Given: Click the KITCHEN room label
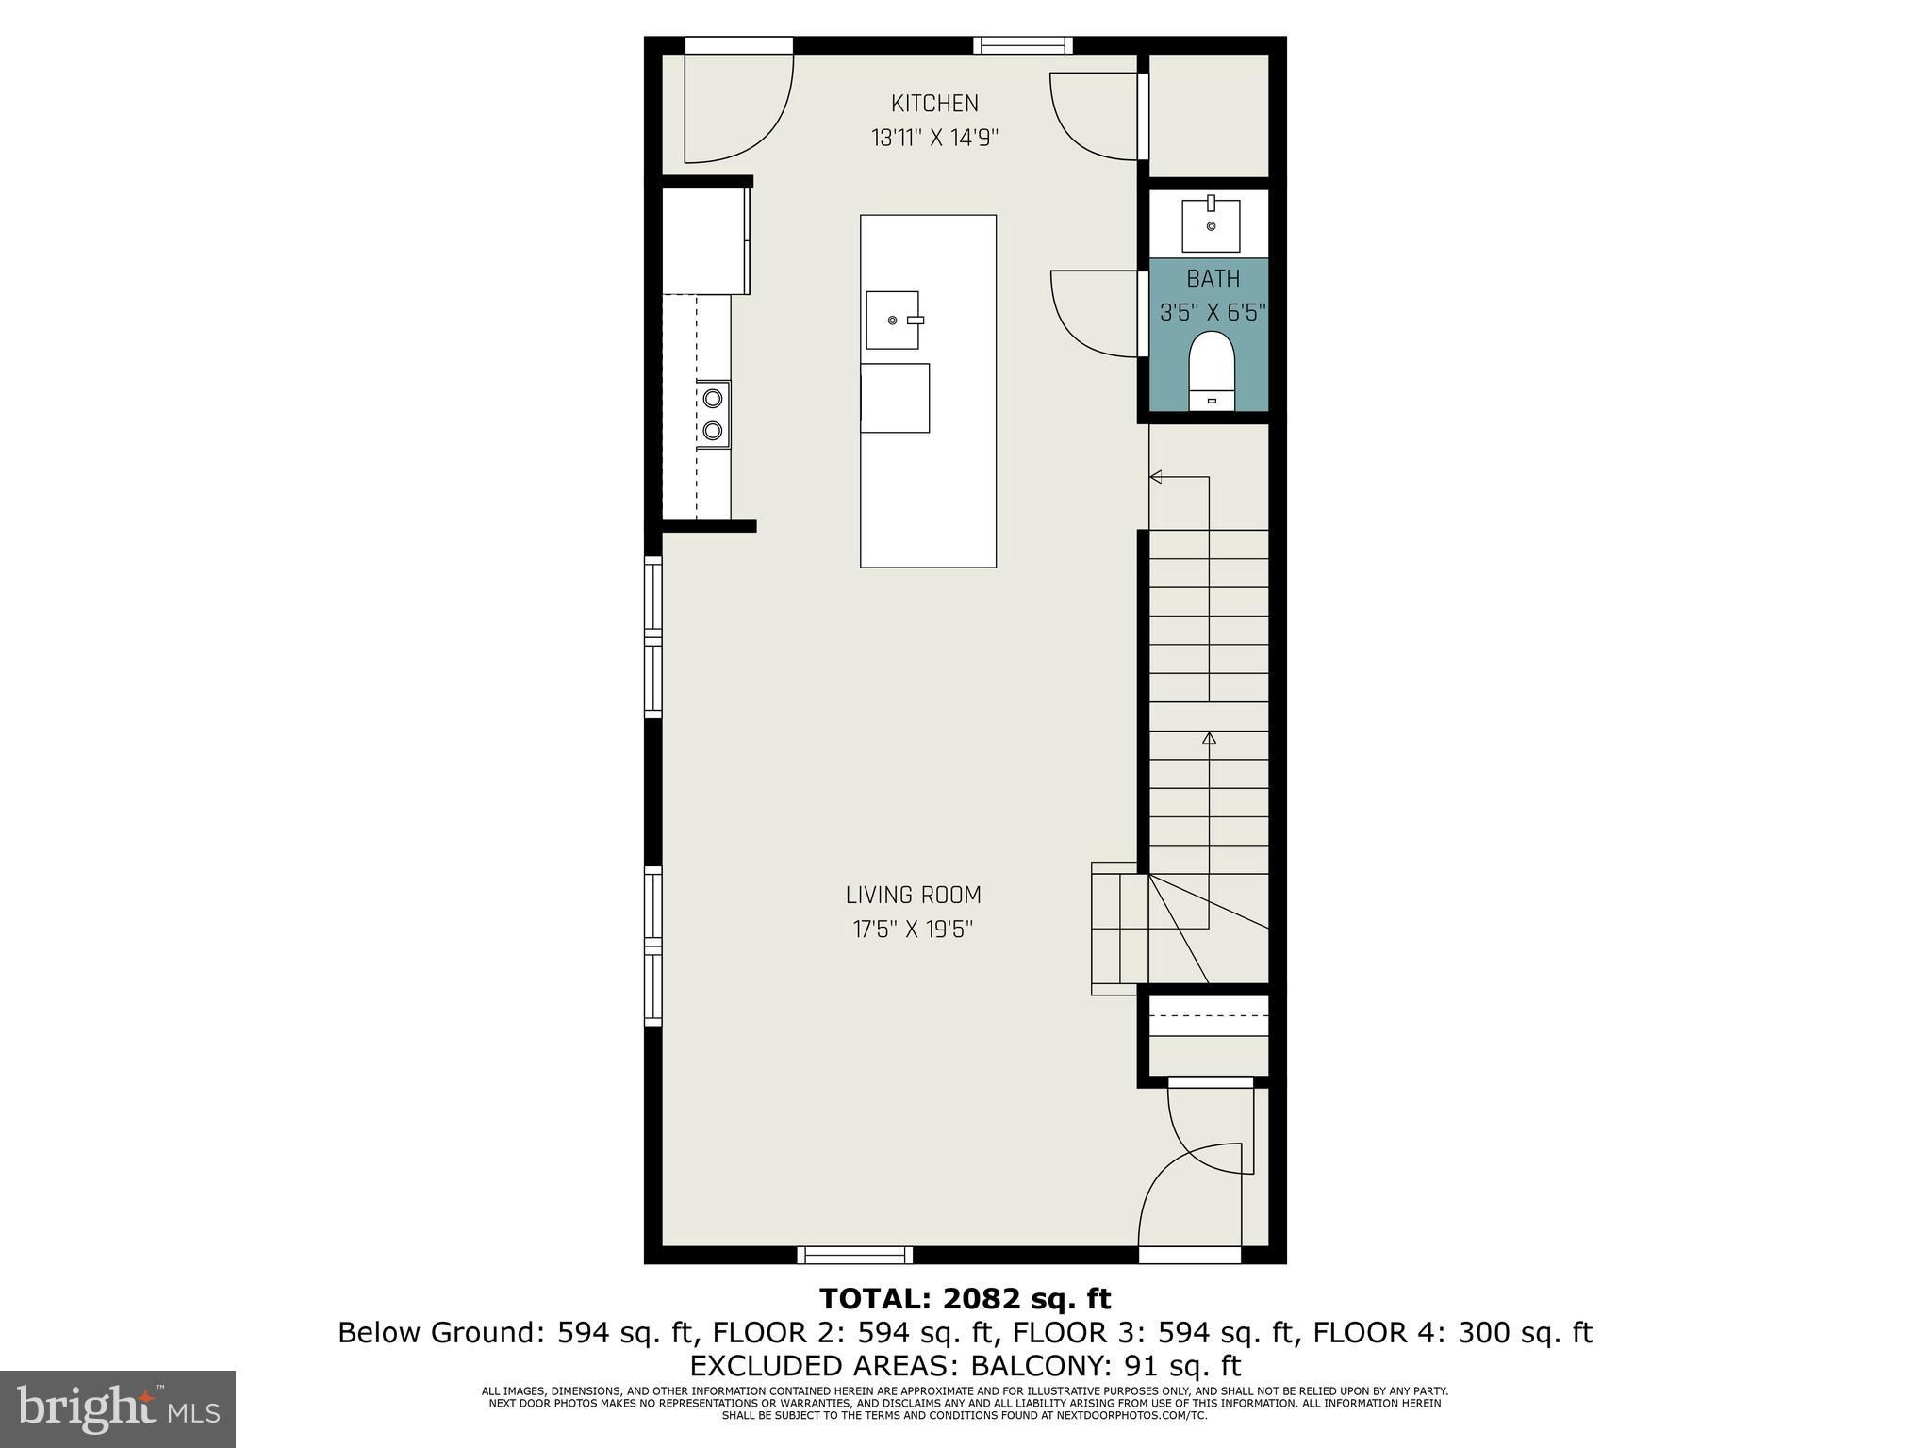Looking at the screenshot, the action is [x=934, y=103].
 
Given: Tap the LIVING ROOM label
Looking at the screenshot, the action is [x=913, y=895].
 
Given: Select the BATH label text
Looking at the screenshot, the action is [x=1213, y=279].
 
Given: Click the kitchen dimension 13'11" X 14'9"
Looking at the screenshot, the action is [x=934, y=138].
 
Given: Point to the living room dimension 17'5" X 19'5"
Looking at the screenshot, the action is [x=913, y=930].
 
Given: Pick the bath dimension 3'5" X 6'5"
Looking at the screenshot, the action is [x=1213, y=313].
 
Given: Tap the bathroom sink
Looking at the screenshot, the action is [x=1211, y=222].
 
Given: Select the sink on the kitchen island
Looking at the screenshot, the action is [x=892, y=321].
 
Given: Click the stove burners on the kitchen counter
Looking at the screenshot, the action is [x=714, y=413].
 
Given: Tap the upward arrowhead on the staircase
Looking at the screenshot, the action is [x=1209, y=737].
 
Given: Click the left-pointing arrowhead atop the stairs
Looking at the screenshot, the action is [x=1155, y=477].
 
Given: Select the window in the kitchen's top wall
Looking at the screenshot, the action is [x=1023, y=44].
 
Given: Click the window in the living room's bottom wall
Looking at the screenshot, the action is [x=855, y=1255].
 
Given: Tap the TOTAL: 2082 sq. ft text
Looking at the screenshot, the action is [x=965, y=1299].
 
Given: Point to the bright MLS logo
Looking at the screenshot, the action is [x=118, y=1408].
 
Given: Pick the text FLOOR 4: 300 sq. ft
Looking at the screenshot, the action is [x=1453, y=1333].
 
